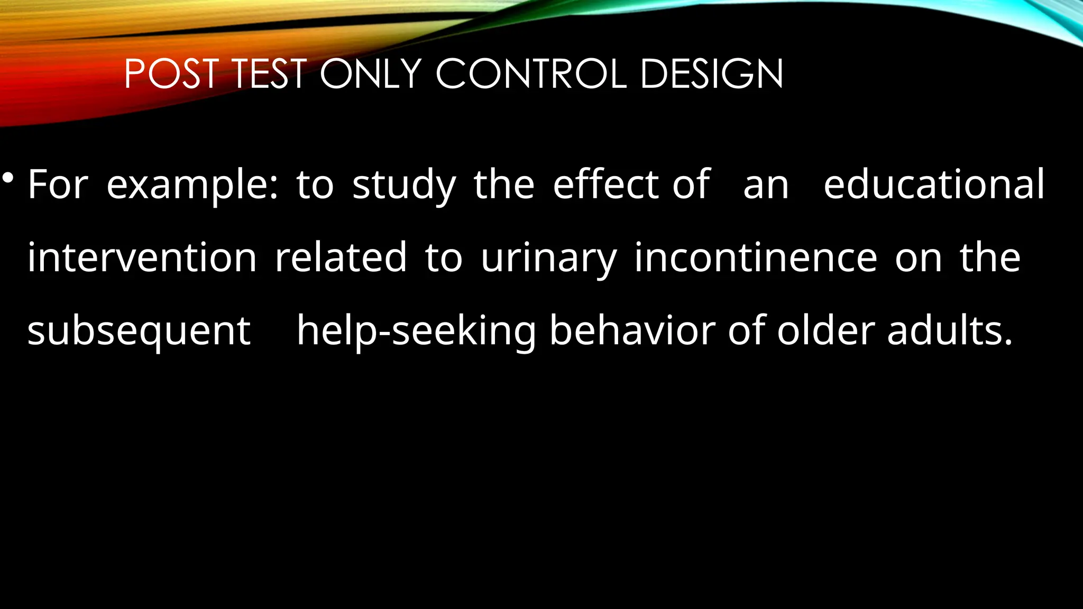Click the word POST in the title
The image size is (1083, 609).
coord(171,74)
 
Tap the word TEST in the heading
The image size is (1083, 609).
coord(269,74)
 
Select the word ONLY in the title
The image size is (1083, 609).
coord(370,74)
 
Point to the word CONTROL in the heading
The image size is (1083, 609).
coord(531,74)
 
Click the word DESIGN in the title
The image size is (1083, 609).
coord(711,74)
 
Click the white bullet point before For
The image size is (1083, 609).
coord(8,178)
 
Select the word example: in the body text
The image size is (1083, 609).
coord(192,185)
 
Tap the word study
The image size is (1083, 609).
coord(404,185)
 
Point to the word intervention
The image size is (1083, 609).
coord(142,257)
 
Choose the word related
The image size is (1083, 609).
coord(341,257)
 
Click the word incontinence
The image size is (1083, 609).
coord(756,257)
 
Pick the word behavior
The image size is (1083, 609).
coord(632,330)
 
